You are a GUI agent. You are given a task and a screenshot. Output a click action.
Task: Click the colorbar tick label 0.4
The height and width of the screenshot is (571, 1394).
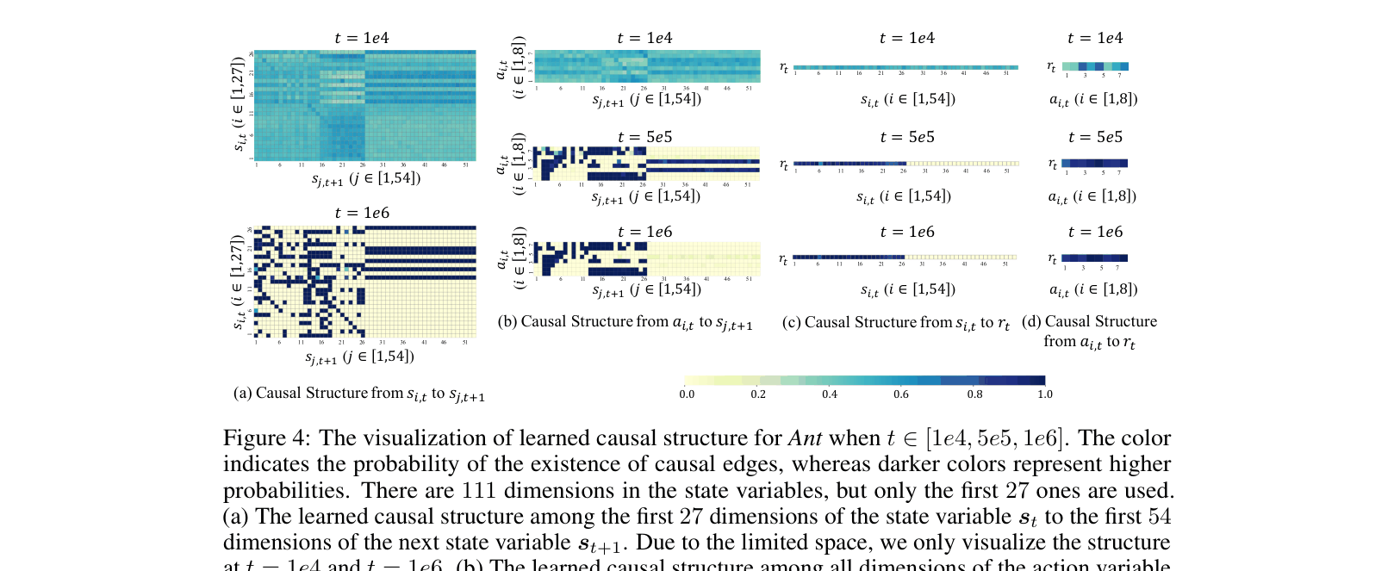click(x=829, y=394)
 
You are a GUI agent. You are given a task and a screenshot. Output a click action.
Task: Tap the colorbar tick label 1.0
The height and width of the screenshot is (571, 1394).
click(x=1044, y=394)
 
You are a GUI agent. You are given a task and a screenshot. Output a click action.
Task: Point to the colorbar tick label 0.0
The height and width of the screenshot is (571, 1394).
click(x=687, y=394)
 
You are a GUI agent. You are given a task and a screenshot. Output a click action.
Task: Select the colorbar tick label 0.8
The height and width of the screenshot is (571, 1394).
click(x=974, y=394)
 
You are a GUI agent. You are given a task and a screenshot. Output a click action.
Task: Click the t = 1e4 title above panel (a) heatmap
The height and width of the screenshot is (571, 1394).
click(x=362, y=38)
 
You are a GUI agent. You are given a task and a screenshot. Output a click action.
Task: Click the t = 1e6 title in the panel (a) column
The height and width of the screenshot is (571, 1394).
click(x=362, y=213)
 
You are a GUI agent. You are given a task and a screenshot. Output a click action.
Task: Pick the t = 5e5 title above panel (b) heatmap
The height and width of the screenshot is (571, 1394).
click(x=644, y=137)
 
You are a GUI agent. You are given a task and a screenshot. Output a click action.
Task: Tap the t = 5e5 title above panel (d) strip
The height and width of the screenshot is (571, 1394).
click(x=1095, y=137)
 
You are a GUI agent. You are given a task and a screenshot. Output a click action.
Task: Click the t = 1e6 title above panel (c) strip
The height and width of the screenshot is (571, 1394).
click(x=907, y=232)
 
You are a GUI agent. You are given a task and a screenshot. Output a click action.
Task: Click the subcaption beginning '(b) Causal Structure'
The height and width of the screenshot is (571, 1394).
click(x=625, y=322)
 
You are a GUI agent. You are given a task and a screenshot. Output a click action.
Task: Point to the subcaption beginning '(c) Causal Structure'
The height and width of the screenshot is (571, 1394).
click(x=895, y=323)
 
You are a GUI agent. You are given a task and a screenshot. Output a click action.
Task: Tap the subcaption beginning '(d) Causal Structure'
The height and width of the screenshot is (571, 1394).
click(x=1089, y=331)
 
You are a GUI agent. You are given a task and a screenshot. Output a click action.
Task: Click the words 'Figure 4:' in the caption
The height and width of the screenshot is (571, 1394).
click(x=266, y=438)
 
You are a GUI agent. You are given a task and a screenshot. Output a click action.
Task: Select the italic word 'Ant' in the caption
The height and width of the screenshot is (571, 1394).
click(x=805, y=438)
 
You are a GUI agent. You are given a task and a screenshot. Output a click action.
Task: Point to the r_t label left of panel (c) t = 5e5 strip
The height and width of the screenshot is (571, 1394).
click(x=783, y=164)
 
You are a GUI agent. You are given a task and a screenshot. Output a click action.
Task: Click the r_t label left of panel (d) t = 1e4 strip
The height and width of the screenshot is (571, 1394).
click(x=1051, y=66)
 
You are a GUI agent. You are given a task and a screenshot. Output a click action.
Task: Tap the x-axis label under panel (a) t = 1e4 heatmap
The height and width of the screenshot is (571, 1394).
click(x=365, y=178)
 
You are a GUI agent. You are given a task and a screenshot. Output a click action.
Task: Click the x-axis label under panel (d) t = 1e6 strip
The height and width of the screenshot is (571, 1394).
click(x=1092, y=289)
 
